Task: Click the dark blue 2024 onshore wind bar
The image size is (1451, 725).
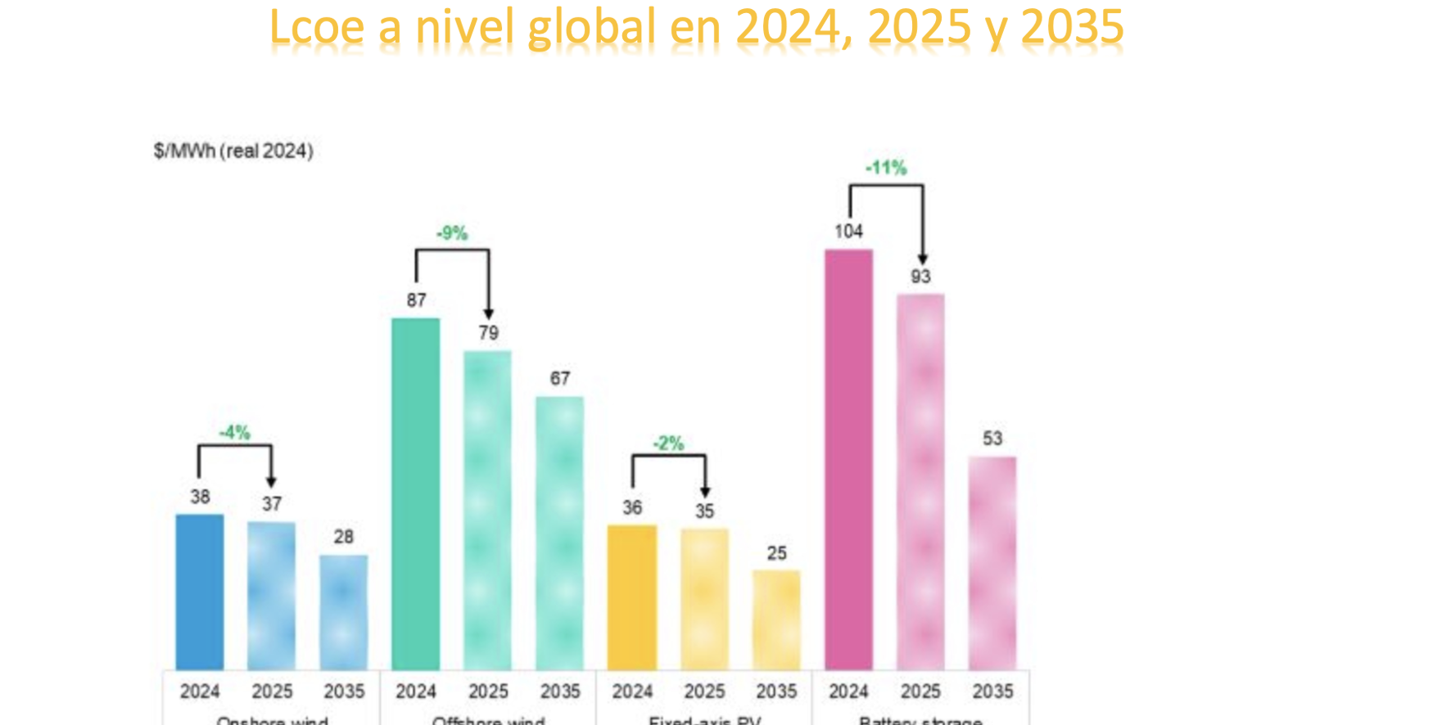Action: coord(200,592)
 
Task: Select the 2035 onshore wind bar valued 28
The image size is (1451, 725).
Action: coord(344,612)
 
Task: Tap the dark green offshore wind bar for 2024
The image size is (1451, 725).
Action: coord(416,493)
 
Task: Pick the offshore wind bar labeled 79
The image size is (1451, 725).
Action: coord(488,510)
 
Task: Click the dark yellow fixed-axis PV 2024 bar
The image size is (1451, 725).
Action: coord(632,597)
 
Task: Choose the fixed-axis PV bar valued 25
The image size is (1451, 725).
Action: coord(776,619)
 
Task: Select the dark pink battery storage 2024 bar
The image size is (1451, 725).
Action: coord(848,459)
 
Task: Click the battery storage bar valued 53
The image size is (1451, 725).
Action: coord(992,563)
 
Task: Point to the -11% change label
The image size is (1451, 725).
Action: coord(886,169)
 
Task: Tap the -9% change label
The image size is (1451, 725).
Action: coord(452,234)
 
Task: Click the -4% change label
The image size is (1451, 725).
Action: coord(235,432)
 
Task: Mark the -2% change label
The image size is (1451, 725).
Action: coord(668,444)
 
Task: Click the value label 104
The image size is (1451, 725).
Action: coord(848,232)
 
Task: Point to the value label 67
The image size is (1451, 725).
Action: coord(560,379)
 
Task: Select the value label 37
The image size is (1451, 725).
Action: coord(272,504)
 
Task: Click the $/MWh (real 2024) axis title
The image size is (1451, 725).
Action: coord(233,151)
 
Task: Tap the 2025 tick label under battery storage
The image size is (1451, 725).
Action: coord(920,692)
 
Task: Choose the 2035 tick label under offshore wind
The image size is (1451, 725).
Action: coord(560,692)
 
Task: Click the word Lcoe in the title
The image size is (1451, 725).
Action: coord(316,28)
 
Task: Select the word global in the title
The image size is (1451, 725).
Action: coord(592,28)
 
